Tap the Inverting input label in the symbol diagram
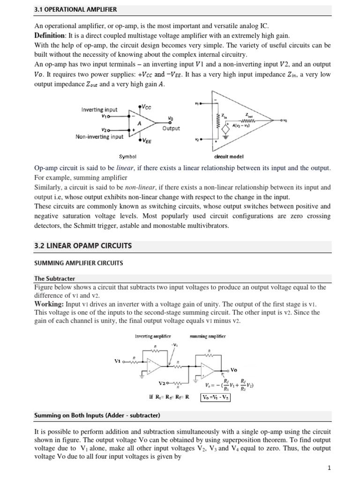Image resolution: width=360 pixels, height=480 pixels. point(99,109)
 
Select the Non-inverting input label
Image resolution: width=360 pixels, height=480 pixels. point(99,137)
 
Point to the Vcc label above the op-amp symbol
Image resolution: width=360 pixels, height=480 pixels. point(145,107)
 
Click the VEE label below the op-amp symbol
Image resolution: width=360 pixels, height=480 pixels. point(145,140)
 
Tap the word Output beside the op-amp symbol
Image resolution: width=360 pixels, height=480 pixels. point(171,128)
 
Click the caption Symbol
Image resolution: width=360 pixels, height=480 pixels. point(127,157)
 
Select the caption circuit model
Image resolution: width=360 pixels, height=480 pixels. point(228,157)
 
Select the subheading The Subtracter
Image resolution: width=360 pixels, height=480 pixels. point(55,278)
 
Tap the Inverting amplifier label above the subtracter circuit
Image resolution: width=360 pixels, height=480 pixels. point(152,336)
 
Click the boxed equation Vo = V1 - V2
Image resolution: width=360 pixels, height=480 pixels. point(215,397)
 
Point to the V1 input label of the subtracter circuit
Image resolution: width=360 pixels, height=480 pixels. point(118,361)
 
